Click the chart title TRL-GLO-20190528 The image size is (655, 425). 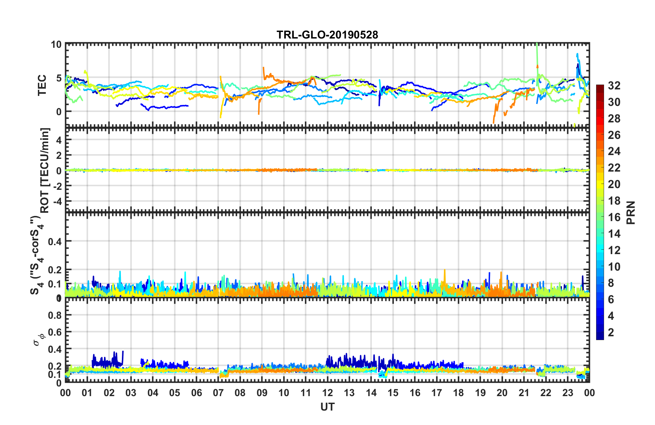(x=327, y=35)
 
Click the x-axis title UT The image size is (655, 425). (x=327, y=407)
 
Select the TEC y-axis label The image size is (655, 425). (x=42, y=85)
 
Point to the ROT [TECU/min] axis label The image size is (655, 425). (x=45, y=171)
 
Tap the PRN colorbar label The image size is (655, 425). (x=631, y=212)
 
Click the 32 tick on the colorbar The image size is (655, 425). (x=614, y=86)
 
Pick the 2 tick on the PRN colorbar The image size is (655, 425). (x=611, y=332)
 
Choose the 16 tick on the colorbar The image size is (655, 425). (x=614, y=217)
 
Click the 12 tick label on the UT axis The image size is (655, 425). (x=327, y=393)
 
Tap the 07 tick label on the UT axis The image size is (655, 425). (x=218, y=393)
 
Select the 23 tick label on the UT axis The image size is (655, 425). (x=568, y=393)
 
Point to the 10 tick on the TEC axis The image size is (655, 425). (x=56, y=45)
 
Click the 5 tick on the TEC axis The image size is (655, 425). (x=59, y=78)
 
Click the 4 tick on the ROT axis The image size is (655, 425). (x=59, y=140)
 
